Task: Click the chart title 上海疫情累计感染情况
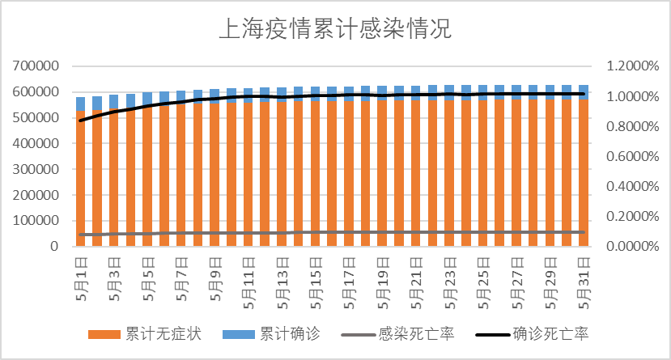coord(334,30)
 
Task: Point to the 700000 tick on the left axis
coord(35,66)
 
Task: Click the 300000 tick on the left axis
coord(35,169)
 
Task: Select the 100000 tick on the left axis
coord(35,221)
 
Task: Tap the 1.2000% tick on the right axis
coord(627,66)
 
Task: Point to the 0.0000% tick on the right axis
coord(627,246)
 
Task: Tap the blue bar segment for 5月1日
coord(80,104)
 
